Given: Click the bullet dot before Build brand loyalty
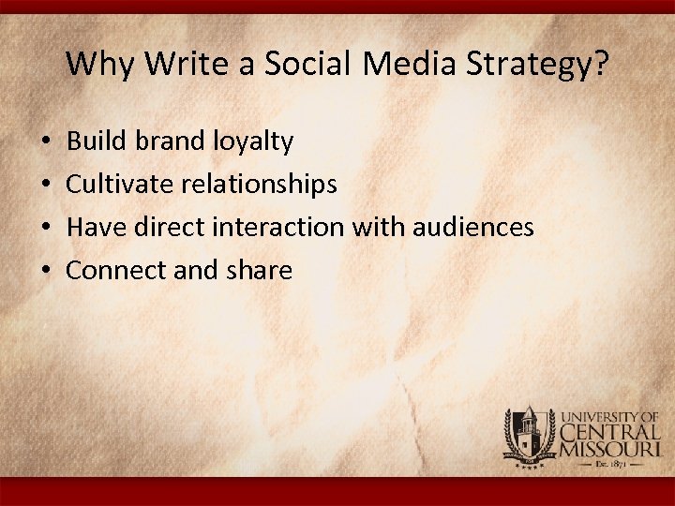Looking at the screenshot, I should pyautogui.click(x=46, y=142).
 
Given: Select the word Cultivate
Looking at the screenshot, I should pyautogui.click(x=117, y=185).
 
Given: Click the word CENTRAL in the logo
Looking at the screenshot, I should pyautogui.click(x=610, y=432).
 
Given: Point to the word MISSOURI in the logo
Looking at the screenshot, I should pyautogui.click(x=611, y=450).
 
